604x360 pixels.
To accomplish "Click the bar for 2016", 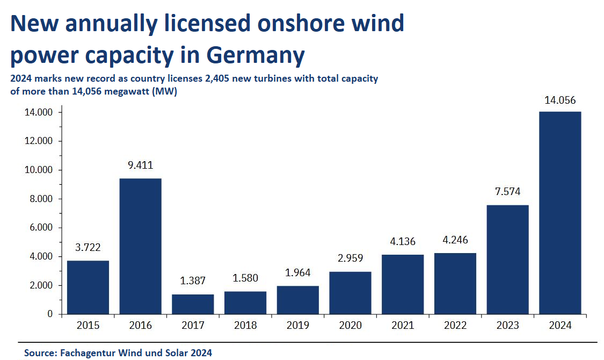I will [x=140, y=246].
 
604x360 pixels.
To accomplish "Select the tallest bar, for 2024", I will [x=560, y=213].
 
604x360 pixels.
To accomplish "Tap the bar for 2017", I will [x=193, y=304].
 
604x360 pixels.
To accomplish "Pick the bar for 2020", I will [x=350, y=293].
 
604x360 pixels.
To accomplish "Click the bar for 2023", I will [x=507, y=260].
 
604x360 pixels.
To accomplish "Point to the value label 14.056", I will [x=560, y=100].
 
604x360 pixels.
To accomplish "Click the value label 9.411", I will [x=140, y=165].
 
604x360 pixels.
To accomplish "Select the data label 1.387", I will [x=193, y=281].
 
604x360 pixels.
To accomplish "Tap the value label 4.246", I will [x=455, y=240].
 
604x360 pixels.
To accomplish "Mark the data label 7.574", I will [x=507, y=192].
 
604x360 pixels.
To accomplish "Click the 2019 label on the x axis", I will [x=297, y=325].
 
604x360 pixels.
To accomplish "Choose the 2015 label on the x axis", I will [x=88, y=325].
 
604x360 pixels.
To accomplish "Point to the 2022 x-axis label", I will [x=455, y=325].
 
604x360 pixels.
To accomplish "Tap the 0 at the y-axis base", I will [x=49, y=314].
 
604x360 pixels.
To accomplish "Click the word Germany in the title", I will [x=256, y=55].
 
